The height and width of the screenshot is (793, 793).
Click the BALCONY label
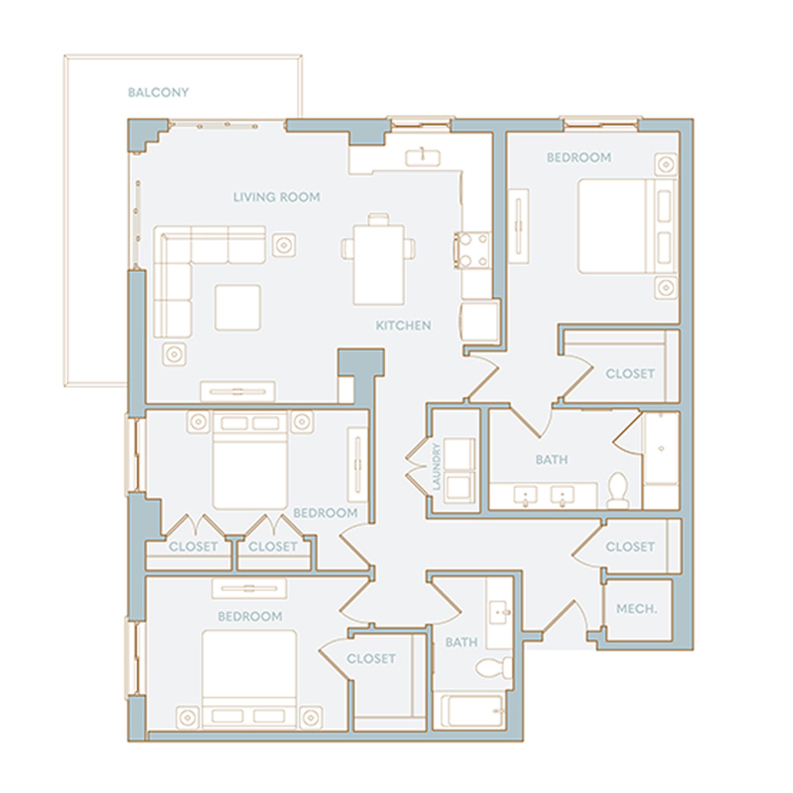click(x=159, y=93)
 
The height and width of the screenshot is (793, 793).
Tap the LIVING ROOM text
click(x=277, y=197)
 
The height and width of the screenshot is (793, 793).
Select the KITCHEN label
click(x=404, y=325)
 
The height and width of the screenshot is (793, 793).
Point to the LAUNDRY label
click(x=436, y=467)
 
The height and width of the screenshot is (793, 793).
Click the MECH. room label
click(x=637, y=609)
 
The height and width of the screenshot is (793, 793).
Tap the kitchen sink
click(x=422, y=158)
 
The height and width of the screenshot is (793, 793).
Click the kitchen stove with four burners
click(x=473, y=250)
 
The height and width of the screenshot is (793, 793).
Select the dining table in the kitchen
click(x=379, y=264)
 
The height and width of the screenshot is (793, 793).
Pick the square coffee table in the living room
click(x=238, y=308)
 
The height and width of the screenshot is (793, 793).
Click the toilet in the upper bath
click(x=617, y=490)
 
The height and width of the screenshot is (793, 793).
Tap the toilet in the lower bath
click(x=493, y=668)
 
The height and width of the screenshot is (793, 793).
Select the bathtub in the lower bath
click(x=473, y=710)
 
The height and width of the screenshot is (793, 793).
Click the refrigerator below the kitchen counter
click(x=480, y=322)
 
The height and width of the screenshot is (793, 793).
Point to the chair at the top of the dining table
click(x=379, y=219)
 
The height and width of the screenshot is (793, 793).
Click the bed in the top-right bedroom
click(x=627, y=226)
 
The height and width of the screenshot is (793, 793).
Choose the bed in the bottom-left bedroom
click(x=249, y=679)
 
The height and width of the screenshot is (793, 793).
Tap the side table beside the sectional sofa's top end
click(x=285, y=245)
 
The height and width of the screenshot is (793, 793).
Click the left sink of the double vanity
click(x=526, y=494)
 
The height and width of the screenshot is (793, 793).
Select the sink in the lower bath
click(x=500, y=612)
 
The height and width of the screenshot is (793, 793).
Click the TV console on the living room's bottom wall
click(x=238, y=391)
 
